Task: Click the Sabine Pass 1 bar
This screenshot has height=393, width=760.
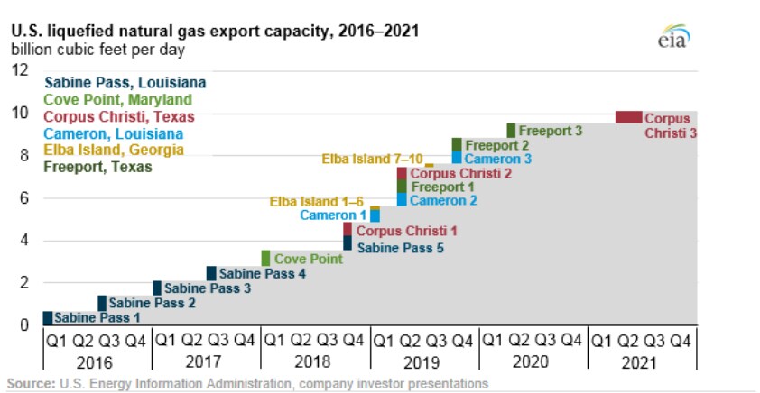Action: coord(48,318)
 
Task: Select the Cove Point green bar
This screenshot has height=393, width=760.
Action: coord(265,259)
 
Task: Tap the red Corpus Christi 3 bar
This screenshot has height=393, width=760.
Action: coord(628,117)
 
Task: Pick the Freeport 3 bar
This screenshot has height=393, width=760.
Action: coord(511,131)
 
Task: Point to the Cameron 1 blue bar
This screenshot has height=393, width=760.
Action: coord(375,215)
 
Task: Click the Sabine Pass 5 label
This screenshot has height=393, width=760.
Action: coord(400,248)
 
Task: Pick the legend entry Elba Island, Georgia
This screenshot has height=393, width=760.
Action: coord(114,150)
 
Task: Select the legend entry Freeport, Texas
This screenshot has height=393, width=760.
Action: coord(97,167)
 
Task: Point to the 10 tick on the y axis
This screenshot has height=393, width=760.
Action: coord(21,114)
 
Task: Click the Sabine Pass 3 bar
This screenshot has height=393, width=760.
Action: coord(157,288)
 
